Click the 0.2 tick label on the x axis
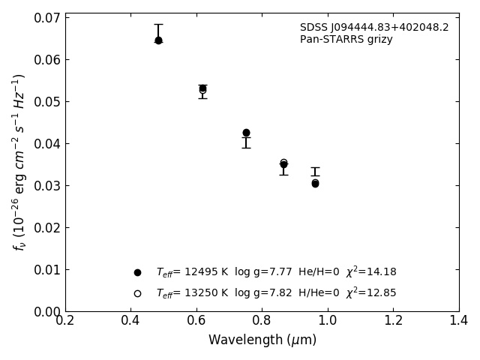click(65, 321)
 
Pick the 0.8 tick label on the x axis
click(262, 321)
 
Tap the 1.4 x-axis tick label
click(458, 321)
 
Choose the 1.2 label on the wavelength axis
click(393, 321)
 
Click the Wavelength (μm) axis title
click(262, 340)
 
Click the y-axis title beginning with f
click(19, 162)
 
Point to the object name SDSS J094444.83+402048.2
click(374, 28)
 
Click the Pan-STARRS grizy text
click(346, 40)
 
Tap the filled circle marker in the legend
click(137, 272)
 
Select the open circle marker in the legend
click(137, 293)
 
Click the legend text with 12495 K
click(276, 272)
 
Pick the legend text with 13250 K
click(276, 293)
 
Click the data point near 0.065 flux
click(158, 40)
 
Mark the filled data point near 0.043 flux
click(246, 133)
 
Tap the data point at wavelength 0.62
click(202, 88)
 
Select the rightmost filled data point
click(315, 183)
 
